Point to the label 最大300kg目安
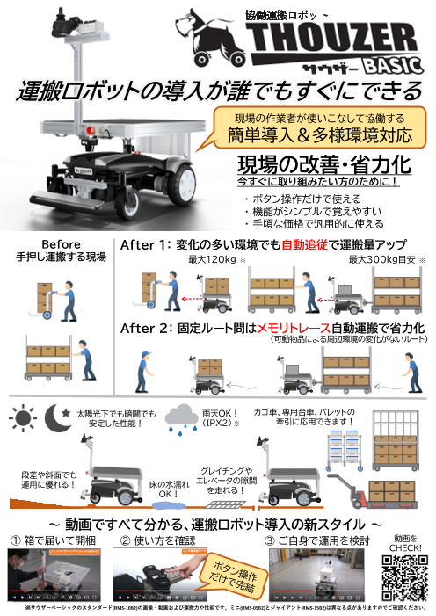click(381, 260)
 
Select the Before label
click(62, 244)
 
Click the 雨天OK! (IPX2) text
click(215, 417)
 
